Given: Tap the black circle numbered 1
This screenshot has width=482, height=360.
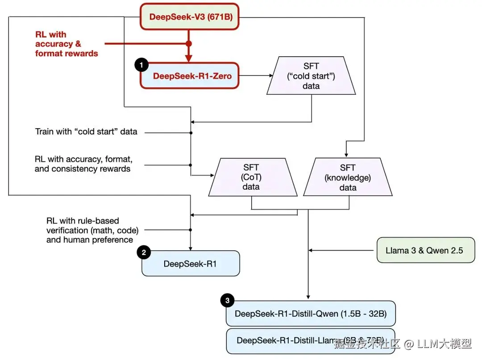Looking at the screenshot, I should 141,65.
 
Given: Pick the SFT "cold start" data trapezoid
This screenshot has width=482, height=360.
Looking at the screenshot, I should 311,75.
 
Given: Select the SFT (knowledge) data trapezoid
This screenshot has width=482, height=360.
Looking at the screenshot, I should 348,177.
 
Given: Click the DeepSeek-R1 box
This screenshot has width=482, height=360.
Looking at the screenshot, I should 191,264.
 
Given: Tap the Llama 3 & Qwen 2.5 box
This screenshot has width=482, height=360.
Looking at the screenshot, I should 424,250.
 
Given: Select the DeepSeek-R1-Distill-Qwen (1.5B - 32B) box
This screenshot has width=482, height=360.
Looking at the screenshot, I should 311,313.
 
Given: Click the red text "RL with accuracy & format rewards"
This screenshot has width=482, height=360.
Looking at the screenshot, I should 66,44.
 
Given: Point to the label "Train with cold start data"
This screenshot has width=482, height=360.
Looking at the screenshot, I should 86,132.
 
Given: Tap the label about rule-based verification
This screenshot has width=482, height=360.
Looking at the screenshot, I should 92,230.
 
